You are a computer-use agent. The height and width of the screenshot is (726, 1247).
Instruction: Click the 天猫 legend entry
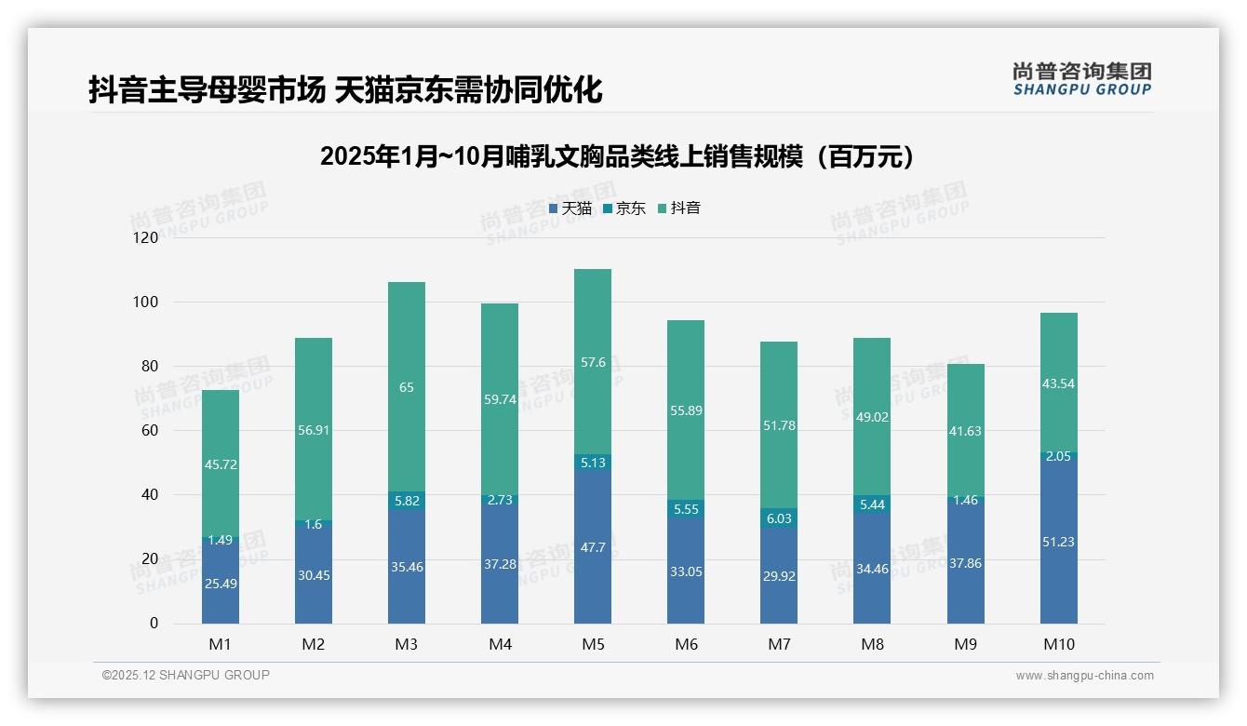570,208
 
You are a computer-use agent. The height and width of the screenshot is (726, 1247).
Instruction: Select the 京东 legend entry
623,208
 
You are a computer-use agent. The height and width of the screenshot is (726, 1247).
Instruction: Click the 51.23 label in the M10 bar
1059,542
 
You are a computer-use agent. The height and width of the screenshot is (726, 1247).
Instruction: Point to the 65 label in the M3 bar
407,387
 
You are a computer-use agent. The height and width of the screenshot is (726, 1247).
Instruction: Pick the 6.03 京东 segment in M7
779,518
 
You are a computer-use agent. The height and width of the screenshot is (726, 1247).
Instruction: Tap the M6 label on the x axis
686,644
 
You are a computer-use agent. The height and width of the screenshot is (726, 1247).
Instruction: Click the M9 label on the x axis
965,644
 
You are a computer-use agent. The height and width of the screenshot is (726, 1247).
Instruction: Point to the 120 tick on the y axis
146,238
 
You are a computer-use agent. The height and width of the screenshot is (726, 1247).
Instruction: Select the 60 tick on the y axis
149,431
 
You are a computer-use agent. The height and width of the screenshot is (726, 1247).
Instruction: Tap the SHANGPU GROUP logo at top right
1081,79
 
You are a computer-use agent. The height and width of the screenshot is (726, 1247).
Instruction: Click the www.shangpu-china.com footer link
1084,676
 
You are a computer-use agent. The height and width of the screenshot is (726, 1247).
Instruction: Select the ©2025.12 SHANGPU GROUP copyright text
186,675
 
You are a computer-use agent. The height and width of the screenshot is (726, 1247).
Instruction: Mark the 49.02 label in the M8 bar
872,418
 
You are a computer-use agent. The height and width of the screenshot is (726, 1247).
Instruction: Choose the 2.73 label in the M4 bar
500,501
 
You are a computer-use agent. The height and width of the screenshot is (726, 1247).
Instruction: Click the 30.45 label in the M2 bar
314,575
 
